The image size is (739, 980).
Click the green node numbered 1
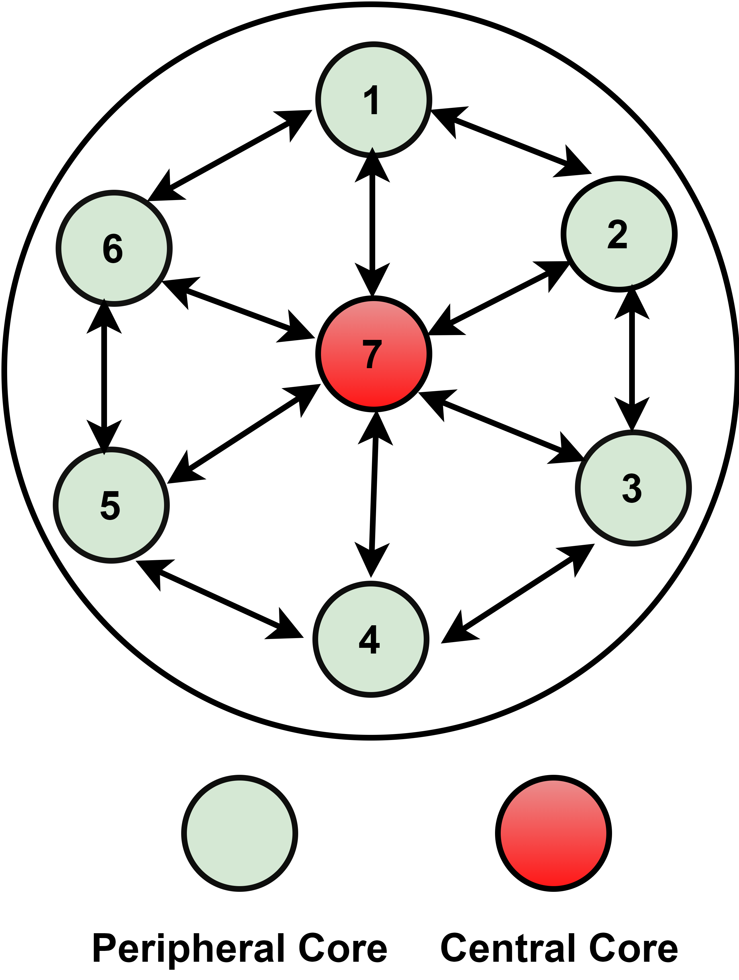[x=373, y=100]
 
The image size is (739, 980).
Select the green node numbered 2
[x=619, y=234]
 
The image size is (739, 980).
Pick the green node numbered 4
[x=371, y=639]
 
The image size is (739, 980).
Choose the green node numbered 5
[x=111, y=505]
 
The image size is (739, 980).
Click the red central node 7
[x=373, y=354]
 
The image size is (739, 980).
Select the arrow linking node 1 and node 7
[x=372, y=221]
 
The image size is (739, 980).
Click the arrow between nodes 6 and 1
[x=229, y=155]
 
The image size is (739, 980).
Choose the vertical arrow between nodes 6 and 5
[x=104, y=377]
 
